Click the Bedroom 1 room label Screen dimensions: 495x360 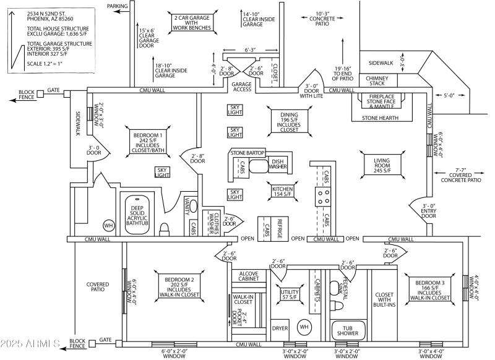(147, 143)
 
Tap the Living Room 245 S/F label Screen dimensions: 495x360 (382, 165)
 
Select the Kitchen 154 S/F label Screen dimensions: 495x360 (282, 191)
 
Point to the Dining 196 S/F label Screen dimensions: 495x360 (289, 122)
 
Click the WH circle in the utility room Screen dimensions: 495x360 (304, 327)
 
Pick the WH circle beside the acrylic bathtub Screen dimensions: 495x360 (109, 226)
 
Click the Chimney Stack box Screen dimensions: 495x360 (378, 80)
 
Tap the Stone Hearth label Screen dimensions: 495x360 (380, 118)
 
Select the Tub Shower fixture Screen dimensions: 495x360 (348, 330)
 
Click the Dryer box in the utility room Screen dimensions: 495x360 (280, 328)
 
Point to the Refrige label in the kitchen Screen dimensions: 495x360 (280, 228)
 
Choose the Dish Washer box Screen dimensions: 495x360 (278, 164)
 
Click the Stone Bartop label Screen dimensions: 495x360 (247, 153)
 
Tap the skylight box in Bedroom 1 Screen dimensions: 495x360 (162, 172)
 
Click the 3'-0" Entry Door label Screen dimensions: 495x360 (428, 211)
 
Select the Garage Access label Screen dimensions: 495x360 (241, 87)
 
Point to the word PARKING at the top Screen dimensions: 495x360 (117, 6)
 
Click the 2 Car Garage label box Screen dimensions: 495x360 (192, 23)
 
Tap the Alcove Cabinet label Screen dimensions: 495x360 (249, 276)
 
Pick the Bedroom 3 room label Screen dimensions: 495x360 (429, 290)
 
